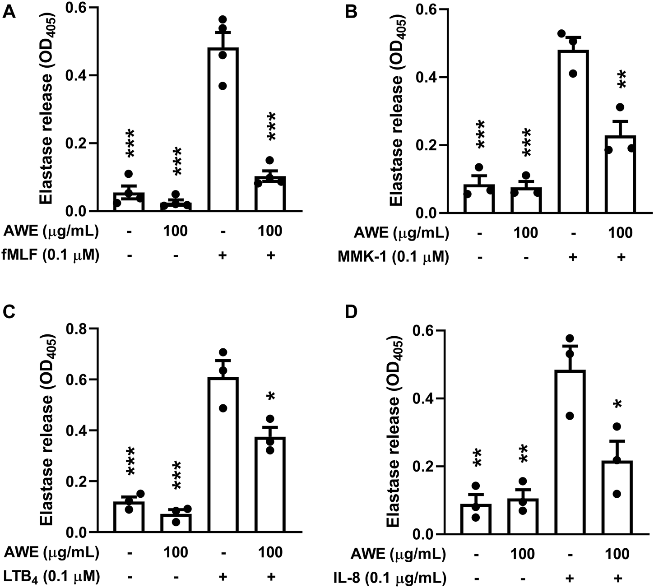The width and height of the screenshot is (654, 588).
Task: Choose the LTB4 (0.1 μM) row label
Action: (50, 575)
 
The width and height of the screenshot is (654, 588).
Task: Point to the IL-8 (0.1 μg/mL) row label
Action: (393, 577)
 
